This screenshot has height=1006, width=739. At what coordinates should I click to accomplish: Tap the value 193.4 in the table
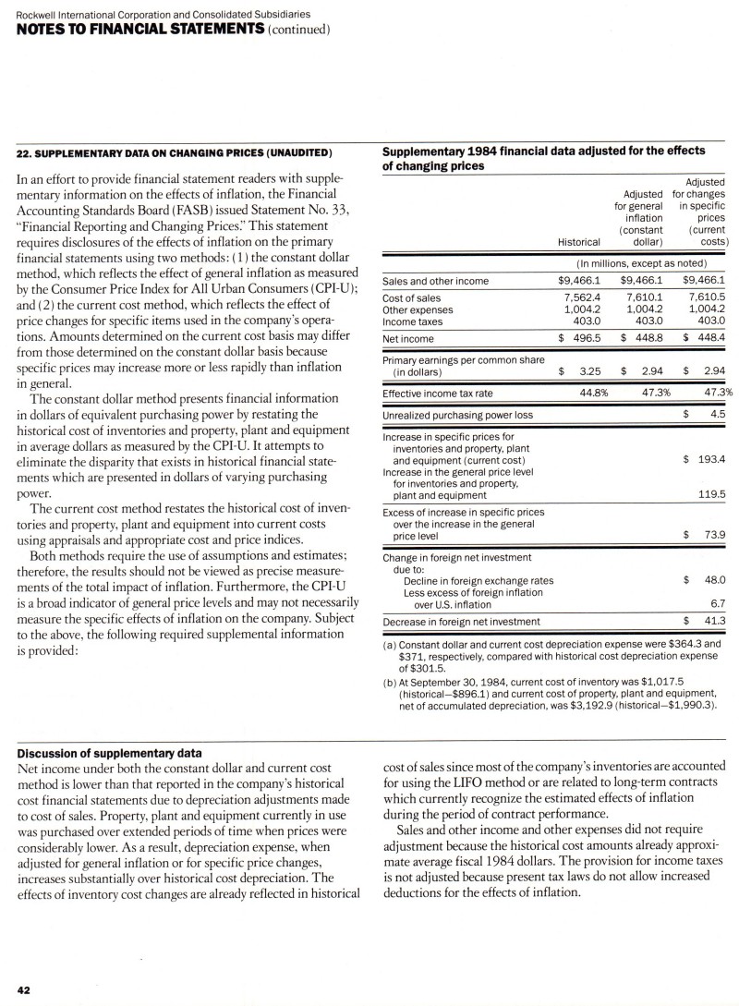click(x=709, y=458)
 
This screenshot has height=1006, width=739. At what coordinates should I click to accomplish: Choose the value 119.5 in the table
click(x=709, y=494)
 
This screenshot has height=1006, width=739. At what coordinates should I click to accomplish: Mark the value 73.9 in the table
click(x=712, y=535)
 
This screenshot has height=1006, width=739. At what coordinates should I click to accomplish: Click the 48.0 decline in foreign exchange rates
click(x=712, y=579)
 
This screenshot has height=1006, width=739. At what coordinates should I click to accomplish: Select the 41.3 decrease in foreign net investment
click(x=712, y=622)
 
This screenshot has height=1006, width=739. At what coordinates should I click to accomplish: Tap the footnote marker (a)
click(x=389, y=642)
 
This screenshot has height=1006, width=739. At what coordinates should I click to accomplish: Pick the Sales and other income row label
click(x=435, y=281)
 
